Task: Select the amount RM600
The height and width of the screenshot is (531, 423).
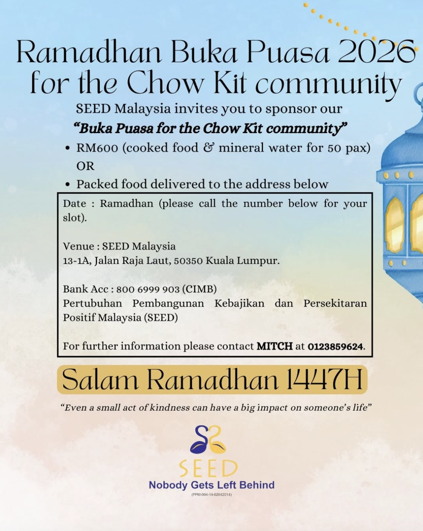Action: click(97, 148)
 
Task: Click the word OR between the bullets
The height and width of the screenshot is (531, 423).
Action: click(85, 166)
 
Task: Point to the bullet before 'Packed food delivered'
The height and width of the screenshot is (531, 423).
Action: click(68, 184)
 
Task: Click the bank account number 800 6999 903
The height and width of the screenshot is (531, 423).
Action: click(148, 289)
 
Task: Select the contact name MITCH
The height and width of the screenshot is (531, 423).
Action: click(274, 346)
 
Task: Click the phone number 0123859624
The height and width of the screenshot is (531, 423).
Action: click(335, 347)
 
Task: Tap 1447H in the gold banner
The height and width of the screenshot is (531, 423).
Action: click(324, 379)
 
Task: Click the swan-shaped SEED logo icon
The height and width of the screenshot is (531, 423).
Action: click(208, 439)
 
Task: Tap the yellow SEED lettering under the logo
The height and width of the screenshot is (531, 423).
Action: click(208, 468)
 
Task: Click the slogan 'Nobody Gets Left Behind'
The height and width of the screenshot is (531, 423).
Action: click(211, 485)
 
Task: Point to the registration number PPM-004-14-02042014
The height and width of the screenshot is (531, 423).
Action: click(211, 495)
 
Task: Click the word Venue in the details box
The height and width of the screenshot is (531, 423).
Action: click(79, 246)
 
